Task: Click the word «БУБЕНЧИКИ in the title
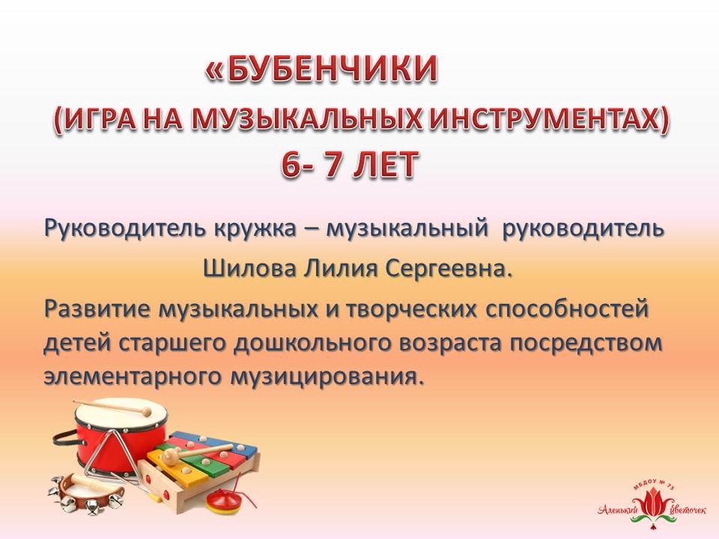[322, 70]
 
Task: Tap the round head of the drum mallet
[146, 411]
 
